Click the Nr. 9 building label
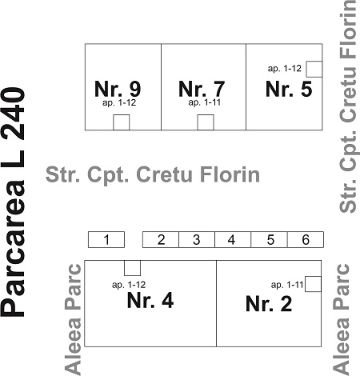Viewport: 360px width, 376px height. (118, 89)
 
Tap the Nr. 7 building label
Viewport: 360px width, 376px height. (202, 89)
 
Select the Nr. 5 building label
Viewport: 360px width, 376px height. (289, 89)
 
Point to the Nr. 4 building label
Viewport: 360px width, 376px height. (150, 300)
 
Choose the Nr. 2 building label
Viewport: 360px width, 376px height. (269, 303)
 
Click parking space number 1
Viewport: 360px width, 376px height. (106, 240)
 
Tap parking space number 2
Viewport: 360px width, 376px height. (161, 240)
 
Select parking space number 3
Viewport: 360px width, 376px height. (197, 240)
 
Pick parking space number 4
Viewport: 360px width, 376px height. (233, 240)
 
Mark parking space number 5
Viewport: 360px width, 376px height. (269, 240)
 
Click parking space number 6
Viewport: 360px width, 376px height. (306, 240)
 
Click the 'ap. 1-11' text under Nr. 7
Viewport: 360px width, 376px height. (205, 102)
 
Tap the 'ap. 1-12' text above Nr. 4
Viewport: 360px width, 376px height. (129, 285)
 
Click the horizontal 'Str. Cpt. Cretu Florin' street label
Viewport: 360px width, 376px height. (153, 174)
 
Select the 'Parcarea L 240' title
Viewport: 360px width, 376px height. (13, 202)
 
